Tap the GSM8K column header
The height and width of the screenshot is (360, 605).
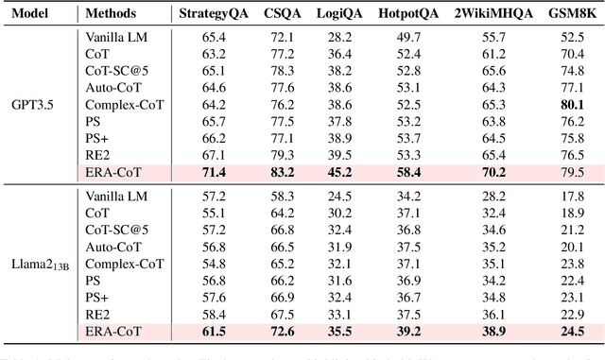[569, 14]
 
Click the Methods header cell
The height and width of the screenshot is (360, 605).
[111, 14]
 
